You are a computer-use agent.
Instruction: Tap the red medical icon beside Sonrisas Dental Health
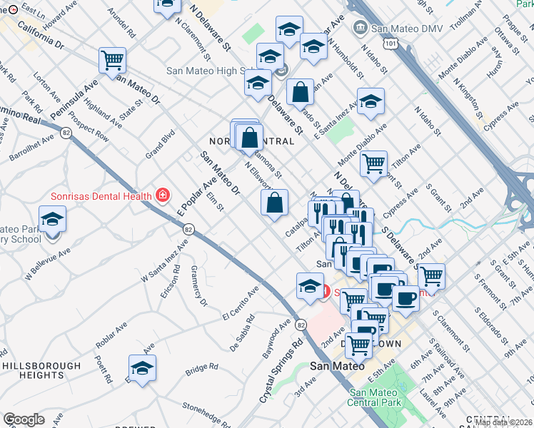click(163, 195)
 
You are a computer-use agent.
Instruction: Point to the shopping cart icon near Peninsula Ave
click(113, 61)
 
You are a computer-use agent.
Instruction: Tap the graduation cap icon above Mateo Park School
click(52, 219)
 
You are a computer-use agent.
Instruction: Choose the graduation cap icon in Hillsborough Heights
click(142, 368)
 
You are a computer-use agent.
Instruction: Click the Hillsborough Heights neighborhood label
click(42, 370)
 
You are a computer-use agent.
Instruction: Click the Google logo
click(24, 419)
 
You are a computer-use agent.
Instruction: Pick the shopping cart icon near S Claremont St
click(431, 275)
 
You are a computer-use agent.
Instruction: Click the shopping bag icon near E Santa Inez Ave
click(301, 92)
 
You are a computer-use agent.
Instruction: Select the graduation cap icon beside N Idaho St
click(371, 101)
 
